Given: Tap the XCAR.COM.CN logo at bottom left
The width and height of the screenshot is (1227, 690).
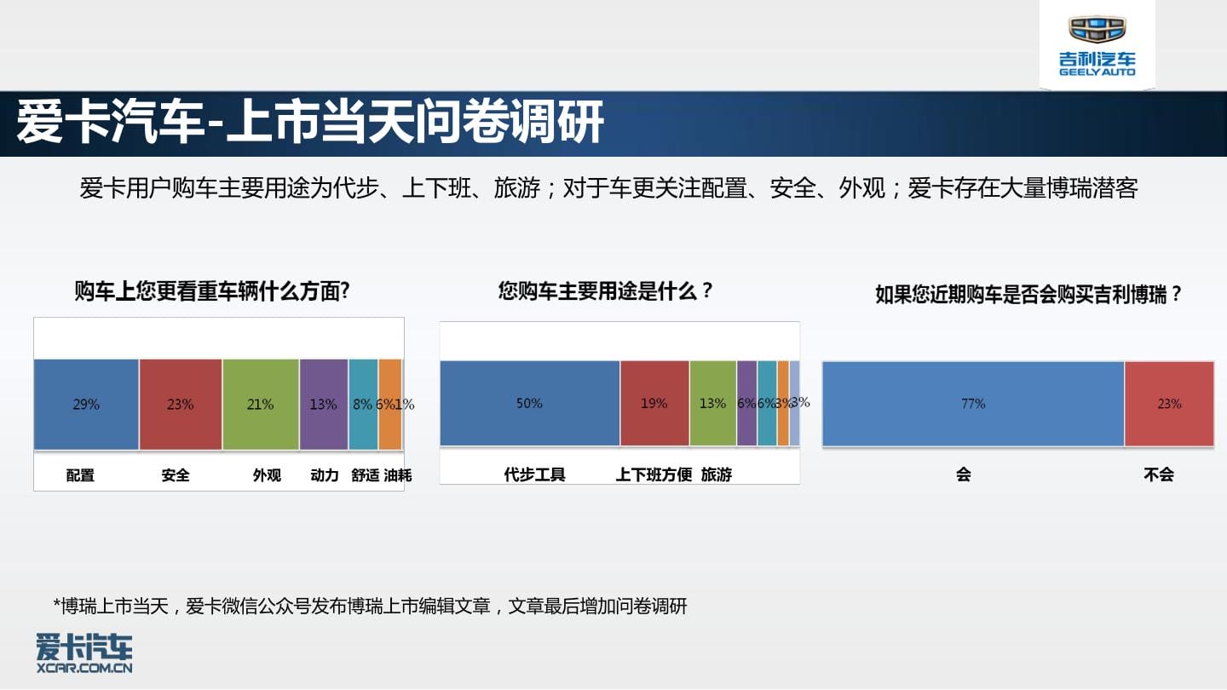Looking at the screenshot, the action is [84, 653].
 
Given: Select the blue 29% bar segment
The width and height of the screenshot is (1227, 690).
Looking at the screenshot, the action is [87, 404].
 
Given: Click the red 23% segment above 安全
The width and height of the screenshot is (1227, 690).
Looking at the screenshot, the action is [181, 404].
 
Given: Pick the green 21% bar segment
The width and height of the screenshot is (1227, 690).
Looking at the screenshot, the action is [261, 404].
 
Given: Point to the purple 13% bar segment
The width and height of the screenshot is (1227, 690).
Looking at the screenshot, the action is [324, 404].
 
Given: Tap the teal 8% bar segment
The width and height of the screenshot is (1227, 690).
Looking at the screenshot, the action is [363, 404].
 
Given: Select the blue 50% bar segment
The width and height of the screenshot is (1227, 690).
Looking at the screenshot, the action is [530, 404].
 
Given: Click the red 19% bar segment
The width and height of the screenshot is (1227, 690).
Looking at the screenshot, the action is [654, 404].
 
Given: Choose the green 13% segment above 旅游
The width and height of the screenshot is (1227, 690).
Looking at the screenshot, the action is [713, 404].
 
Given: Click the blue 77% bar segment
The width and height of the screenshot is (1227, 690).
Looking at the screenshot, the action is [973, 404].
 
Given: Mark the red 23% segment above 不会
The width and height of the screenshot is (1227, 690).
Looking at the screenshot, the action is [1169, 404].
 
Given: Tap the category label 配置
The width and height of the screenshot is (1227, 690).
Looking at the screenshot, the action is [80, 474].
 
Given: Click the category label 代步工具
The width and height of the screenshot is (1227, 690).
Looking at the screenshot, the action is [534, 474].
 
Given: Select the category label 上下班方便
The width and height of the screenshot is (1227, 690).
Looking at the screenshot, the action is [654, 474].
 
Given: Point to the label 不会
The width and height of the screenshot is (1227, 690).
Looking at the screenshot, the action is [1159, 474].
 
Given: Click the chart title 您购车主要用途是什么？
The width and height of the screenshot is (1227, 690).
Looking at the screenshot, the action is [605, 290].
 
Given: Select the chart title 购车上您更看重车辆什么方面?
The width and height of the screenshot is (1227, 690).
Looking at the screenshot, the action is [212, 290].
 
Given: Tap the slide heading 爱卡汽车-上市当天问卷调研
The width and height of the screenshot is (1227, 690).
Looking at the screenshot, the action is [310, 122].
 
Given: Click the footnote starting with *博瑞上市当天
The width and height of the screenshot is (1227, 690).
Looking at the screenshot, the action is [370, 607].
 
